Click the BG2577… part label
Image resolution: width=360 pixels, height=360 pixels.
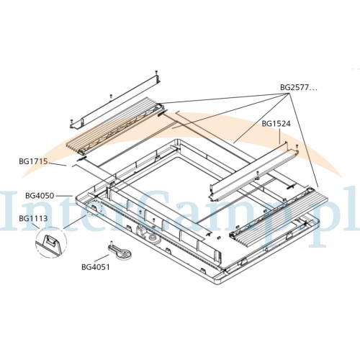point(299,88)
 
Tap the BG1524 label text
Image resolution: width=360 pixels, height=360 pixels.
point(276,124)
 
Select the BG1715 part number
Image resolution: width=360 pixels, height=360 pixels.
point(33,161)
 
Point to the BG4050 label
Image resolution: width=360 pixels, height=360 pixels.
point(40,196)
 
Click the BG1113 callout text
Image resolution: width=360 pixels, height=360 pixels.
point(33,218)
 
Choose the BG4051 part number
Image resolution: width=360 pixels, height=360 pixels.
point(96,267)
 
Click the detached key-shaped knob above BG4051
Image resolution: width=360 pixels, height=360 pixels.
point(120,251)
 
